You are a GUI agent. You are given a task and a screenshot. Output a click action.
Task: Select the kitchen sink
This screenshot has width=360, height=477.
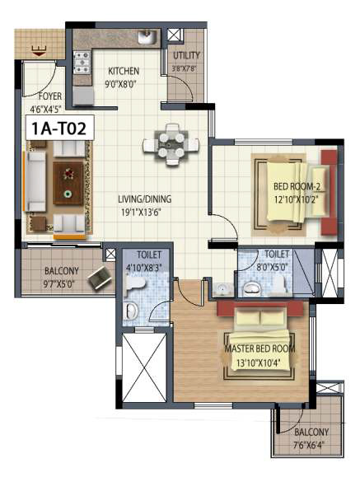click(x=147, y=37)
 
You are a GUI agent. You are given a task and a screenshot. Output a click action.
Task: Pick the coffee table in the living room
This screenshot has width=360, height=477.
click(x=67, y=182)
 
